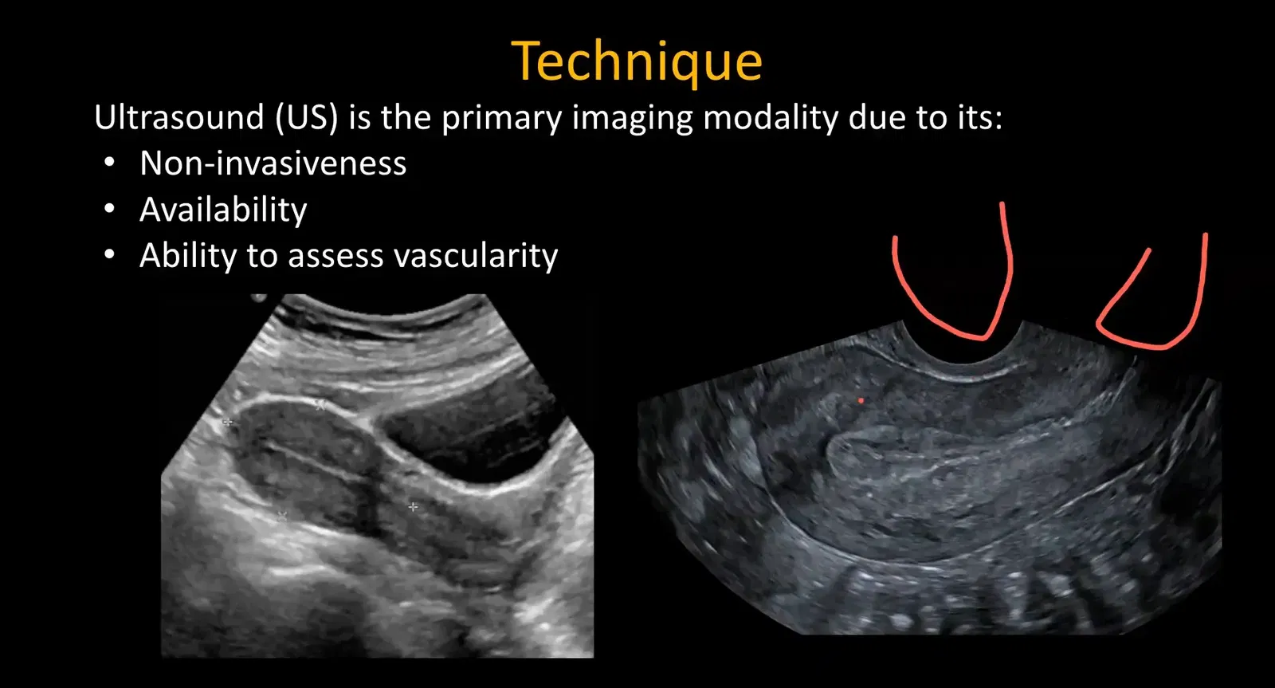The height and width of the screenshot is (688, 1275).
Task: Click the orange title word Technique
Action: (637, 62)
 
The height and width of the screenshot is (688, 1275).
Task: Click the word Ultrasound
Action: (178, 118)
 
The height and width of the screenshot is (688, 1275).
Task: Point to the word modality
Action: (771, 118)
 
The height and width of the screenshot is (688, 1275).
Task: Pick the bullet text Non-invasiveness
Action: (273, 163)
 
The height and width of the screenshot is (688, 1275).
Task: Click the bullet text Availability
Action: (223, 210)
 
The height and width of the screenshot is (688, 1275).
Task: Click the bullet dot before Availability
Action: (110, 210)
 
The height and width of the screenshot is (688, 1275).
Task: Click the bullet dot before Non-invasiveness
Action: (110, 163)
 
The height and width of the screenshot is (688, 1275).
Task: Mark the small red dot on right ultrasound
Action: (861, 400)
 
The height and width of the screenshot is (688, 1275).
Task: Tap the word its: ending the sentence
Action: (979, 118)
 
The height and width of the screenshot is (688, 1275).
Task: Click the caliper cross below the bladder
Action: (413, 506)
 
